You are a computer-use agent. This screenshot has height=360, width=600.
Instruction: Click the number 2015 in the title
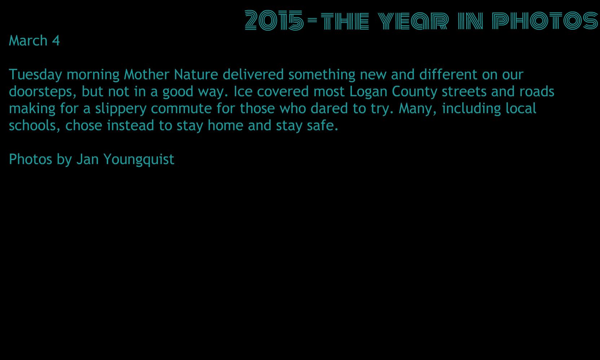[274, 20]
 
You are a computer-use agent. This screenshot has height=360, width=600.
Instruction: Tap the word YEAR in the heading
[413, 21]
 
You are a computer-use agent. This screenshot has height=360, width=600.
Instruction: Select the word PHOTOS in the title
[545, 21]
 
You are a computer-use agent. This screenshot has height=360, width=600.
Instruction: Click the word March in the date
[28, 40]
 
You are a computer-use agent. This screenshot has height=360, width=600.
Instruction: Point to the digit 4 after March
[56, 41]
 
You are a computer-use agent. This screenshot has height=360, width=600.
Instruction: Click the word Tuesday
[35, 75]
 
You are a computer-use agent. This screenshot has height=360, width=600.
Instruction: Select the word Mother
[146, 74]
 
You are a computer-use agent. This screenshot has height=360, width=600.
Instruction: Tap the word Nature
[196, 74]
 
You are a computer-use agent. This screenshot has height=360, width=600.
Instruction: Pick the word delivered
[253, 74]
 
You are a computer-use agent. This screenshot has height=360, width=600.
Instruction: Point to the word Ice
[243, 92]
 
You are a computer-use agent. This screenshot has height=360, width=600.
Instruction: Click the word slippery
[121, 109]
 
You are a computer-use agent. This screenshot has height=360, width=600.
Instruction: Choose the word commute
[181, 109]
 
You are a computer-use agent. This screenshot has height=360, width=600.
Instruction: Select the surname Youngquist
[139, 160]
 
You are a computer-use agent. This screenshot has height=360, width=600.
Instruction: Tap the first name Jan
[88, 159]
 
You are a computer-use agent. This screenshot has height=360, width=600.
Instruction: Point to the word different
[449, 74]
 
